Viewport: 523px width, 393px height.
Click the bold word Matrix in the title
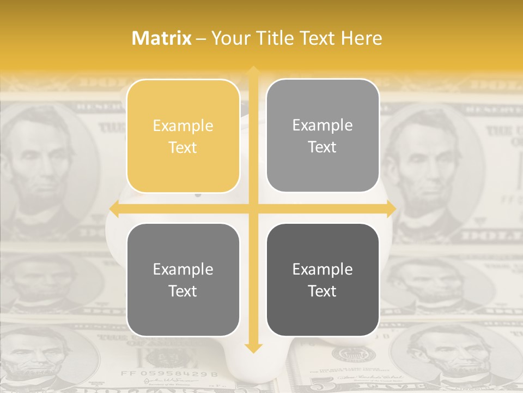tap(162, 38)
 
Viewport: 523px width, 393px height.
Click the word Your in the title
tap(229, 38)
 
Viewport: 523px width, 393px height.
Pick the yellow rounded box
tap(183, 136)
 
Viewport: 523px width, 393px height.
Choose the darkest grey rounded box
tap(323, 279)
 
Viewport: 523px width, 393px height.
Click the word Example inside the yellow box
tap(183, 126)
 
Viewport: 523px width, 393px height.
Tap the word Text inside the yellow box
tap(183, 148)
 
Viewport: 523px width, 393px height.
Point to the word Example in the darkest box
tap(323, 269)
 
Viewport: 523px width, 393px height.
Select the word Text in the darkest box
tap(323, 291)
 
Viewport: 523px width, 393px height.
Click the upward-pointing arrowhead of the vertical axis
tap(253, 72)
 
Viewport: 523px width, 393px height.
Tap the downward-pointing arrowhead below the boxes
tap(253, 348)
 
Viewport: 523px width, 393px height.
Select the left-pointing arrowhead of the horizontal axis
tap(114, 209)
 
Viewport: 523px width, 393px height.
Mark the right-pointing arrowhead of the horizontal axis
tap(391, 209)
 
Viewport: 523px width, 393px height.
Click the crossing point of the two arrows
tap(253, 209)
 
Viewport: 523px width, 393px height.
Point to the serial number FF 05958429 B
tap(169, 374)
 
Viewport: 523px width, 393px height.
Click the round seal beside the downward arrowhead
tap(347, 355)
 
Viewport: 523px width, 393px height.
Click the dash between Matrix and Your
tap(201, 39)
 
